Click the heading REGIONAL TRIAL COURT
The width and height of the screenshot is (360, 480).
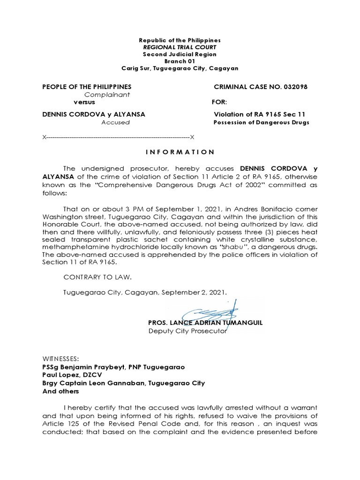click(x=180, y=48)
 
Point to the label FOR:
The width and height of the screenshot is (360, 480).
click(x=219, y=102)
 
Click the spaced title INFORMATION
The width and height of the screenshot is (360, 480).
click(x=180, y=152)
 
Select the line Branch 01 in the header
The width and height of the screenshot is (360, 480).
click(x=180, y=61)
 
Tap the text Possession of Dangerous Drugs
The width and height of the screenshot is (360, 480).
click(x=262, y=122)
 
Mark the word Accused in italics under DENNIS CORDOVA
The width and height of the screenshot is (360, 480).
click(x=115, y=122)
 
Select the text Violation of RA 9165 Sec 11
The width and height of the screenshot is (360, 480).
click(x=262, y=114)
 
